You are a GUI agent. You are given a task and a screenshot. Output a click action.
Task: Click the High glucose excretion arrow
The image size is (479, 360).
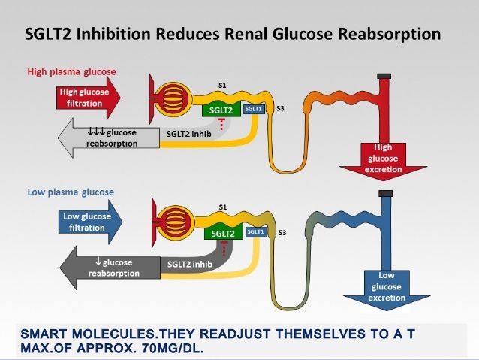(384, 159)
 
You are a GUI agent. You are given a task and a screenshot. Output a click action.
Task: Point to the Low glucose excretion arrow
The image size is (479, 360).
(387, 286)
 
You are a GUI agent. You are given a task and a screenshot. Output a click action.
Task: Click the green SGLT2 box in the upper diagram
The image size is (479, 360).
(221, 110)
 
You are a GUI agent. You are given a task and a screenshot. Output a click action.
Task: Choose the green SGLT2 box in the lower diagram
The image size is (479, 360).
(222, 233)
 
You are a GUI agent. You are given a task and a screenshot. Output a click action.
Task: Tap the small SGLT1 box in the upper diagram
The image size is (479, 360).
(255, 109)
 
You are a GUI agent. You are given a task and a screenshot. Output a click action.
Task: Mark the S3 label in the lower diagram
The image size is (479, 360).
(282, 233)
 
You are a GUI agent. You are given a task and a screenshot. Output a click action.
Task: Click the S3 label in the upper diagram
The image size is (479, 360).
(280, 110)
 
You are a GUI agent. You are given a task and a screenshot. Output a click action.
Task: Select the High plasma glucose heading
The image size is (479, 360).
(71, 72)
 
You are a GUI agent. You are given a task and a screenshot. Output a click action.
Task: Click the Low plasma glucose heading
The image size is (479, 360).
(71, 192)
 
